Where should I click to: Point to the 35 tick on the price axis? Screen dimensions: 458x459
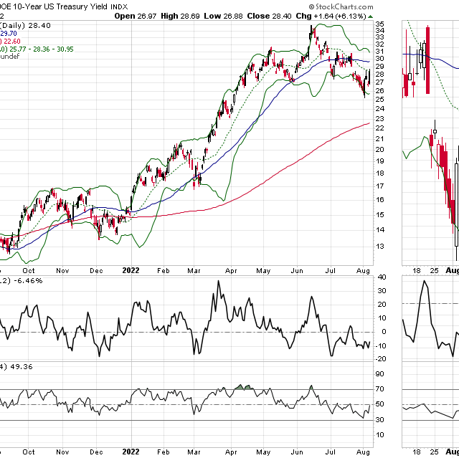pos(380,24)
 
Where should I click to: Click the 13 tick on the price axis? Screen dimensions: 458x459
pos(380,246)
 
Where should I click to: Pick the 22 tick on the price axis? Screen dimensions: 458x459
pos(380,128)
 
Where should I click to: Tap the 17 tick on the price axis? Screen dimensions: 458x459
pos(380,186)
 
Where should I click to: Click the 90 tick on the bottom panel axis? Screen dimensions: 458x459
pos(380,373)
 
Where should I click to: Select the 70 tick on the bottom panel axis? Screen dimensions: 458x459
pos(380,390)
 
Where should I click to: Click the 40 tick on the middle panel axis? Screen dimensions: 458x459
pos(380,277)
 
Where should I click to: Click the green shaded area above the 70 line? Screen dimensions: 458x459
pos(245,388)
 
